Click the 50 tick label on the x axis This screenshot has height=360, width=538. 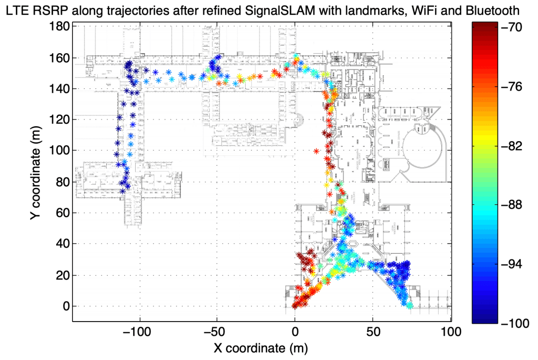coord(372,332)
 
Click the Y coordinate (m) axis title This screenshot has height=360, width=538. coord(38,174)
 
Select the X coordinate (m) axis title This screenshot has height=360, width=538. coord(261,348)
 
